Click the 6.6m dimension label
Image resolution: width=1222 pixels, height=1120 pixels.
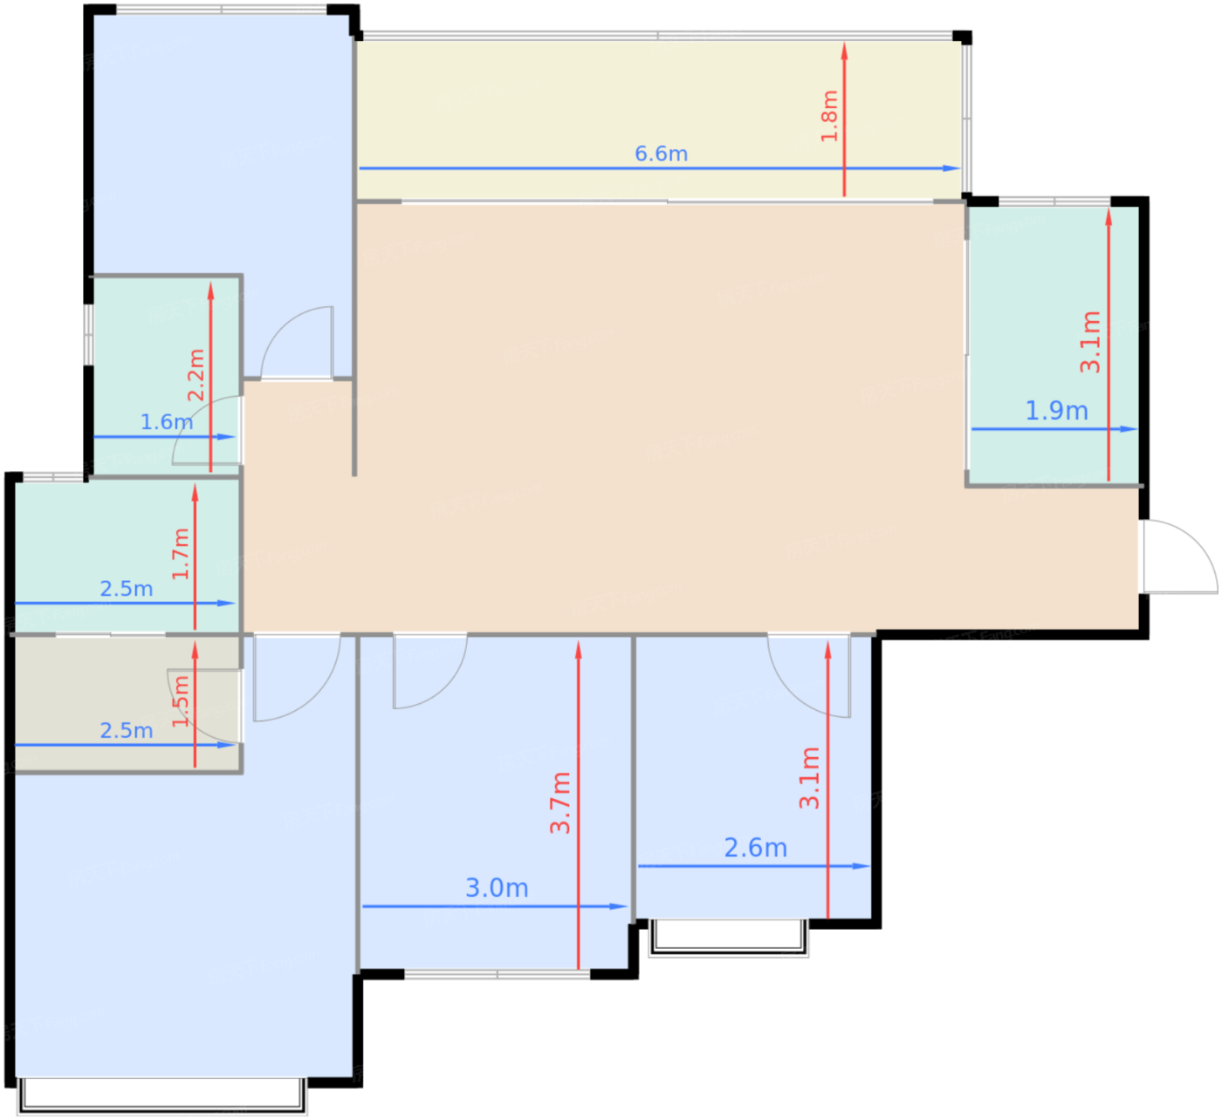[661, 154]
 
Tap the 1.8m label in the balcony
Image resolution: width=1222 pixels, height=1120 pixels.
[830, 116]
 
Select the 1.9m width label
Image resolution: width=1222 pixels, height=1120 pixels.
[1056, 411]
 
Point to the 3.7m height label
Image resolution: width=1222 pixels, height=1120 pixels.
[560, 802]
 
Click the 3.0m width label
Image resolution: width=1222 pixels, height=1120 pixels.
[497, 888]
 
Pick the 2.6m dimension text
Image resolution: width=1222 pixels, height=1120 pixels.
[755, 848]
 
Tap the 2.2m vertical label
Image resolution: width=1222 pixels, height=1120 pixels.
[196, 375]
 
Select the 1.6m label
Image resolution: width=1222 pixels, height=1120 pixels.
[167, 422]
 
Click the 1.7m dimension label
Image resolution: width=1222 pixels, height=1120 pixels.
[181, 554]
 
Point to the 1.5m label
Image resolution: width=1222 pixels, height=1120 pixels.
[181, 701]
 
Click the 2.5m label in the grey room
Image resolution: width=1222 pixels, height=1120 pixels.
[126, 730]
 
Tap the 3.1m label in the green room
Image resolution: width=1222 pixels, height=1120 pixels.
[1090, 342]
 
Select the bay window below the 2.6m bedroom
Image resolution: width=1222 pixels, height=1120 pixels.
[728, 939]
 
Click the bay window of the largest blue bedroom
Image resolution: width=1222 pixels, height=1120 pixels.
[162, 1096]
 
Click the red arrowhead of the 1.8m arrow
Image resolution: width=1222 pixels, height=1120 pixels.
[844, 51]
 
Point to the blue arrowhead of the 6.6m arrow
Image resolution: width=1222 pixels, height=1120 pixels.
[951, 168]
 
